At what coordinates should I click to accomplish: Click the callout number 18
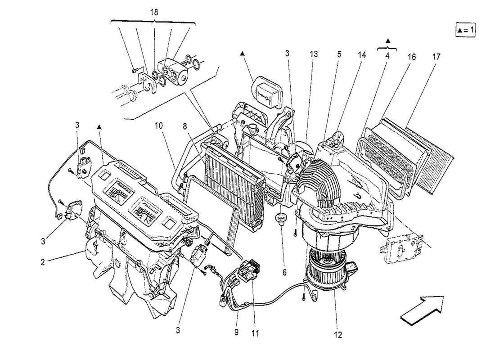coord(154,12)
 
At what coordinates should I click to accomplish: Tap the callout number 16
coord(412,57)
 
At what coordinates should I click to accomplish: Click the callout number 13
coord(313,54)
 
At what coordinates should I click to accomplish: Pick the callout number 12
coord(338,335)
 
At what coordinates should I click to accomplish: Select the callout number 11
coord(256,334)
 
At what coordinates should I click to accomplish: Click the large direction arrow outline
coord(422,310)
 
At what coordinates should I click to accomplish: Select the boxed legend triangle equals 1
coord(465,30)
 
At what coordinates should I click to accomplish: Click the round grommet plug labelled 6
coord(282,219)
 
